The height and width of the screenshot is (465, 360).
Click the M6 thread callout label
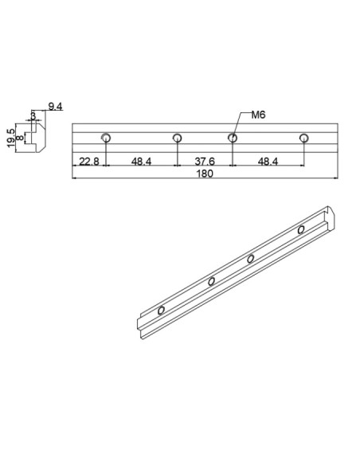click(x=257, y=115)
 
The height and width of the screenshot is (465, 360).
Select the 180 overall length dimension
click(x=206, y=174)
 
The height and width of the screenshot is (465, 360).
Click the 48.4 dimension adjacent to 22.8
click(x=141, y=162)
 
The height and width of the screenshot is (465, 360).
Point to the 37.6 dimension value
click(x=204, y=162)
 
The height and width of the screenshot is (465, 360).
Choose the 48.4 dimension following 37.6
click(x=268, y=162)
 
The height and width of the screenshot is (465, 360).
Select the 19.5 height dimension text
click(x=11, y=137)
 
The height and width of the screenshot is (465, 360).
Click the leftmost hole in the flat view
click(x=106, y=138)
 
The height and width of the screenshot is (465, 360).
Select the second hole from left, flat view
click(x=178, y=138)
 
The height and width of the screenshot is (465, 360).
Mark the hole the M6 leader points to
click(x=232, y=138)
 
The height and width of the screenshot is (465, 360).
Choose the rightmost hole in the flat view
click(x=303, y=138)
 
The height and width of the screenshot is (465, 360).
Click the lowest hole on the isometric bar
click(x=162, y=309)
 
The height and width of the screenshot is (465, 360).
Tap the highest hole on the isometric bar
click(x=301, y=230)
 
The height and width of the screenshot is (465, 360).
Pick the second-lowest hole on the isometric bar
click(x=212, y=281)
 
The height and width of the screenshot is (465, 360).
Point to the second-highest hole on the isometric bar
click(x=251, y=258)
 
